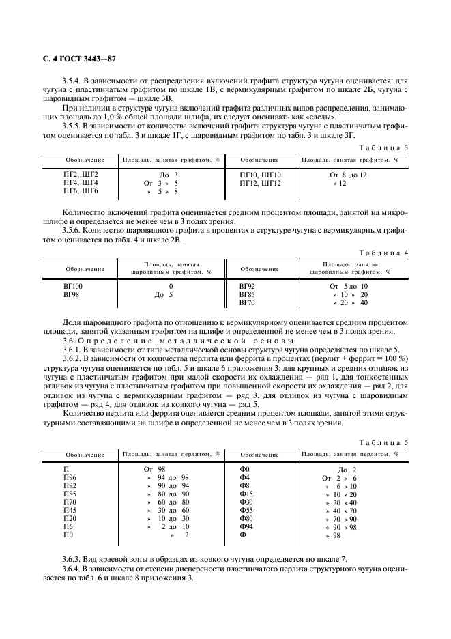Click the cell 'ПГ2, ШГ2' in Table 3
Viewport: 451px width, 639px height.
pyautogui.click(x=81, y=175)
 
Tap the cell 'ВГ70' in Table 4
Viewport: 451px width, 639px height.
pyautogui.click(x=247, y=302)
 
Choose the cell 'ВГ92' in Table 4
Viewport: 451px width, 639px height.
pyautogui.click(x=247, y=286)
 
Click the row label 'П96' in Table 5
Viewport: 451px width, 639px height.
pyautogui.click(x=70, y=477)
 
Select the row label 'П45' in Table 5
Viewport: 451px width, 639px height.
pyautogui.click(x=70, y=510)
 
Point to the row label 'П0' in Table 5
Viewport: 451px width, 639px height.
pyautogui.click(x=68, y=535)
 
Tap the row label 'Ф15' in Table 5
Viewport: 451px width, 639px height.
pyautogui.click(x=246, y=494)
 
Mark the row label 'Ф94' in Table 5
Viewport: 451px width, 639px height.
pyautogui.click(x=246, y=526)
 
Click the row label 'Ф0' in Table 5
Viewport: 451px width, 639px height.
pyautogui.click(x=246, y=469)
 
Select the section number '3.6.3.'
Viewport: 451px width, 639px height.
pyautogui.click(x=73, y=559)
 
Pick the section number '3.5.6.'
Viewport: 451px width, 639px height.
pyautogui.click(x=73, y=231)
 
